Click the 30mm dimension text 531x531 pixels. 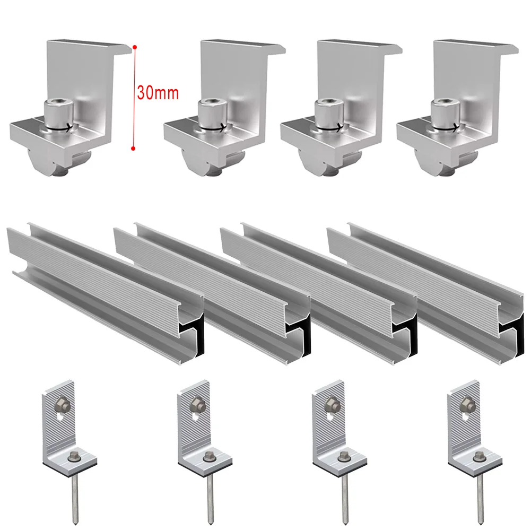tap(158, 93)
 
